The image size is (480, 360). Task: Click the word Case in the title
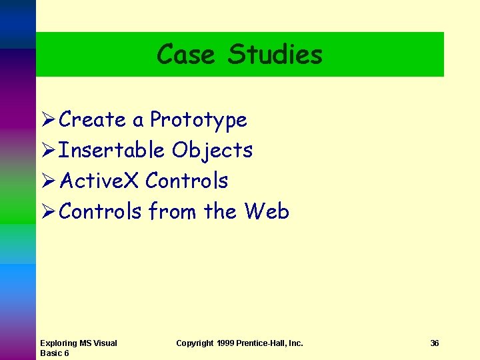point(186,54)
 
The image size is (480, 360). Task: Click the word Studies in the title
point(275,54)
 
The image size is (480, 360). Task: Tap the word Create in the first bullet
point(93,120)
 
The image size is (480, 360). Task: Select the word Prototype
point(198,121)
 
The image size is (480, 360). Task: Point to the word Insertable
point(111,151)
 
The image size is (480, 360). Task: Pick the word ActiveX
point(99,181)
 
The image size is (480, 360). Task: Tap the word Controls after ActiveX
point(187,181)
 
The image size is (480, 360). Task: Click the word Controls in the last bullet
point(100,211)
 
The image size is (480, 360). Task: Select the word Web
point(267,211)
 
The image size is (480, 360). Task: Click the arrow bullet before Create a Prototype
point(47,120)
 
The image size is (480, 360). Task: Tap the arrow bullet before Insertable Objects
point(47,151)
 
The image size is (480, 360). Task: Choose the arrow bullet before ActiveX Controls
point(47,181)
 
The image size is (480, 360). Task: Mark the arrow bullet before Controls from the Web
point(47,212)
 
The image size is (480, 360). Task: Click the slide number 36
point(435,343)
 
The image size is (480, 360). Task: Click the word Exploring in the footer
point(58,343)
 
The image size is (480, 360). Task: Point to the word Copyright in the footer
point(195,343)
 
